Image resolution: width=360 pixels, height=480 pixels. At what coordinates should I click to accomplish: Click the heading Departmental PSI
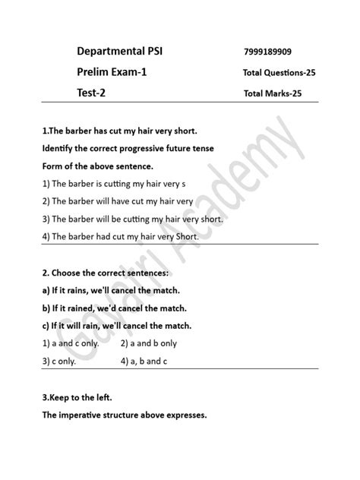click(119, 52)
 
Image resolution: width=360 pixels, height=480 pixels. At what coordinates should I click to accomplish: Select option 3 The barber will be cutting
click(133, 219)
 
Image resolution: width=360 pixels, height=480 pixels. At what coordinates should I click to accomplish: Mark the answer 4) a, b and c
click(144, 362)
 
